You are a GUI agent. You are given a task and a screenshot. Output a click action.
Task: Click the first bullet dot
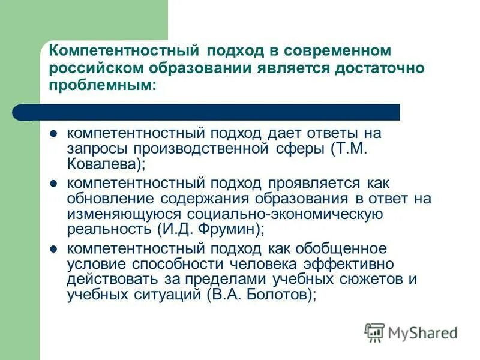(x=53, y=134)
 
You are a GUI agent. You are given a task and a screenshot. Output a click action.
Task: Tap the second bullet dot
(x=53, y=184)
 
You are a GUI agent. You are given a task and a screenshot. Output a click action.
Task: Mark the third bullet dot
(x=53, y=249)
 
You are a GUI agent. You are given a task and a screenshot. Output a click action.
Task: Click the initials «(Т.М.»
(x=355, y=148)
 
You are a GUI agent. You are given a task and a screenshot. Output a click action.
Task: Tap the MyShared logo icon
(x=374, y=332)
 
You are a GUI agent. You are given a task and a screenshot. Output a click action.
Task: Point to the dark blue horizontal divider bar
(x=210, y=112)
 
